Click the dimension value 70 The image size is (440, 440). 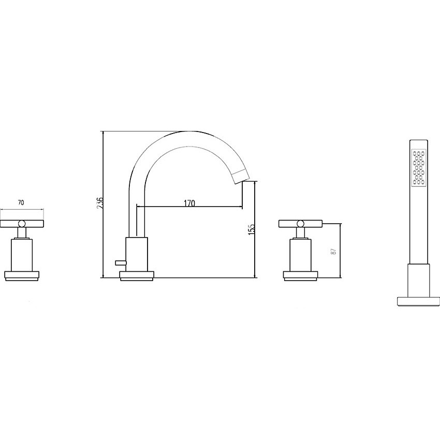point(21,202)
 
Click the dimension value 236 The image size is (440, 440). point(100,202)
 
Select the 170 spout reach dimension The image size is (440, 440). point(189,203)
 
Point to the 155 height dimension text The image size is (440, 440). point(252,229)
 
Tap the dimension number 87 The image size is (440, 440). point(334,251)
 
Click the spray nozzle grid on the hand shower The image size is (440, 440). point(419,168)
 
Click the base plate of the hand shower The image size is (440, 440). point(418,301)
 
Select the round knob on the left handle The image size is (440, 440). point(22,224)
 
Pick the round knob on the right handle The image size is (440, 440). point(300,224)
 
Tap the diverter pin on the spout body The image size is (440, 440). point(121,262)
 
